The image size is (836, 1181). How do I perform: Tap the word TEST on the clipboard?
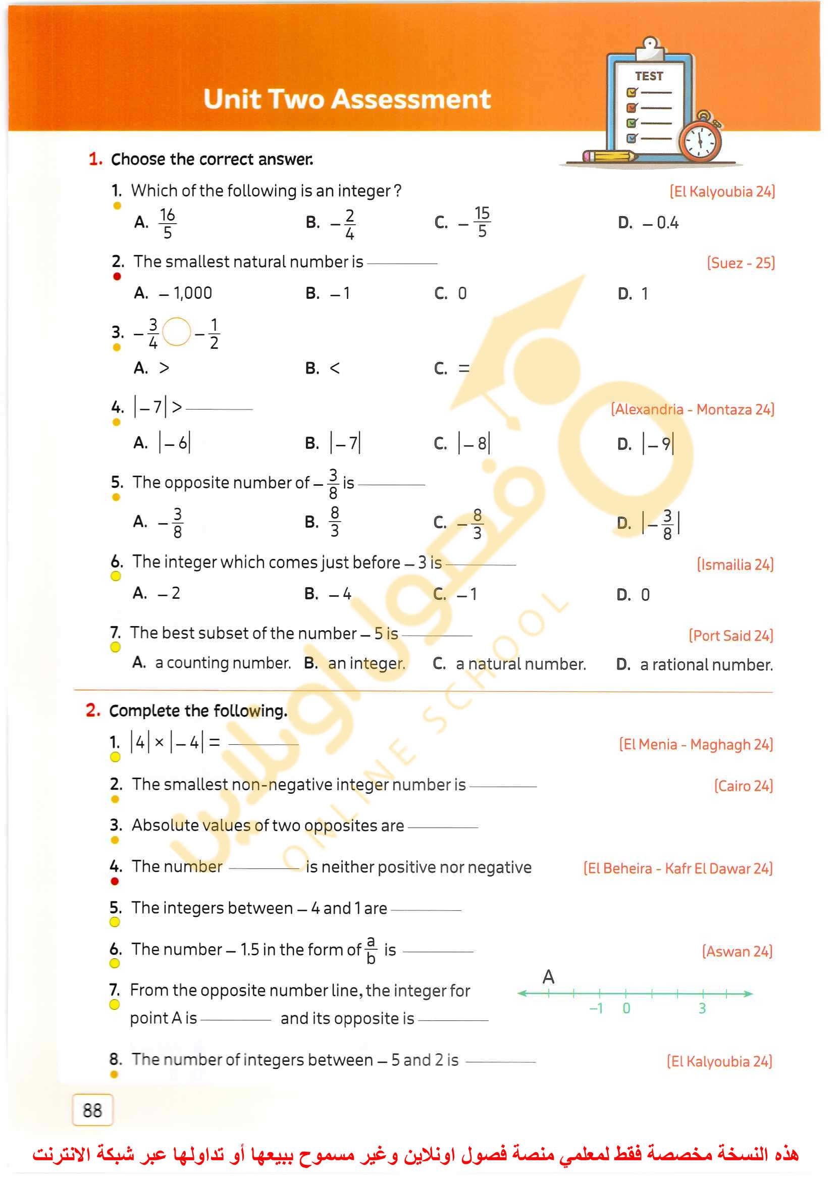649,76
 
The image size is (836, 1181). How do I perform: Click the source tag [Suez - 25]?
740,263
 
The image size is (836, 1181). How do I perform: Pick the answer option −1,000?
185,293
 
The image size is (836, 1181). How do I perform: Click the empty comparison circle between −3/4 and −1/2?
177,332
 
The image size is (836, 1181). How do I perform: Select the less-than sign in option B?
335,369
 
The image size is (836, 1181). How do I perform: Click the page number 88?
93,1110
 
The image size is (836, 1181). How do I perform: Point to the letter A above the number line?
548,977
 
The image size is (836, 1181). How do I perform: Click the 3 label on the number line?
702,1008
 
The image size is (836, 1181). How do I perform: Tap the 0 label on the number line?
626,1008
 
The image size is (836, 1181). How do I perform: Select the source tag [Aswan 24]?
737,951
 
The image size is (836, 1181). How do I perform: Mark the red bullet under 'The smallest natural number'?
117,277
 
